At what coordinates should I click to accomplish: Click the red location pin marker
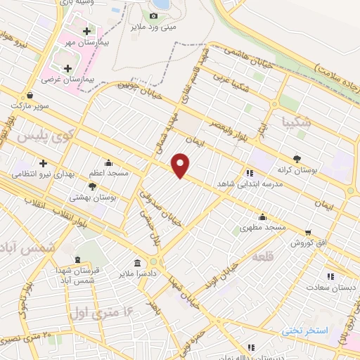pyautogui.click(x=181, y=165)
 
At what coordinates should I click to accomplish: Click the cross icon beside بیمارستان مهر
pyautogui.click(x=86, y=32)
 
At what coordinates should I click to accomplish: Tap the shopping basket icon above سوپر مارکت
pyautogui.click(x=30, y=94)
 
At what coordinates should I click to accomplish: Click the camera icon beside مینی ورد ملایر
pyautogui.click(x=153, y=15)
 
